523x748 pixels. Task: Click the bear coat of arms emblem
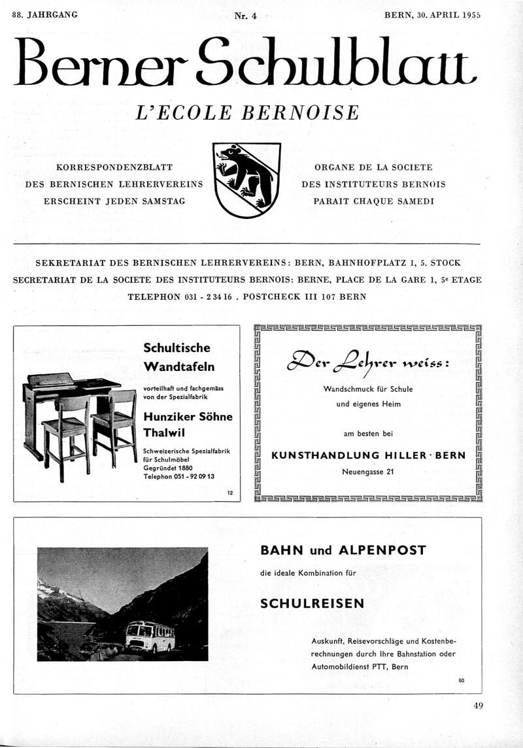click(x=248, y=180)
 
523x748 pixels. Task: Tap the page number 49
click(x=480, y=705)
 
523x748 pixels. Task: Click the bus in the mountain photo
click(x=150, y=636)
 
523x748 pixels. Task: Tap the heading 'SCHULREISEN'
click(x=312, y=604)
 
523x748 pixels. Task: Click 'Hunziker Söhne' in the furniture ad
click(x=187, y=417)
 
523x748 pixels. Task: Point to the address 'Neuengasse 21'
click(x=367, y=472)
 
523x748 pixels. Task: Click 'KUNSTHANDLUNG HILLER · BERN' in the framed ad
click(x=368, y=455)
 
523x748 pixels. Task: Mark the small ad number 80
click(x=461, y=681)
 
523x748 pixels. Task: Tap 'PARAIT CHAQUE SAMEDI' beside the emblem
click(x=373, y=201)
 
